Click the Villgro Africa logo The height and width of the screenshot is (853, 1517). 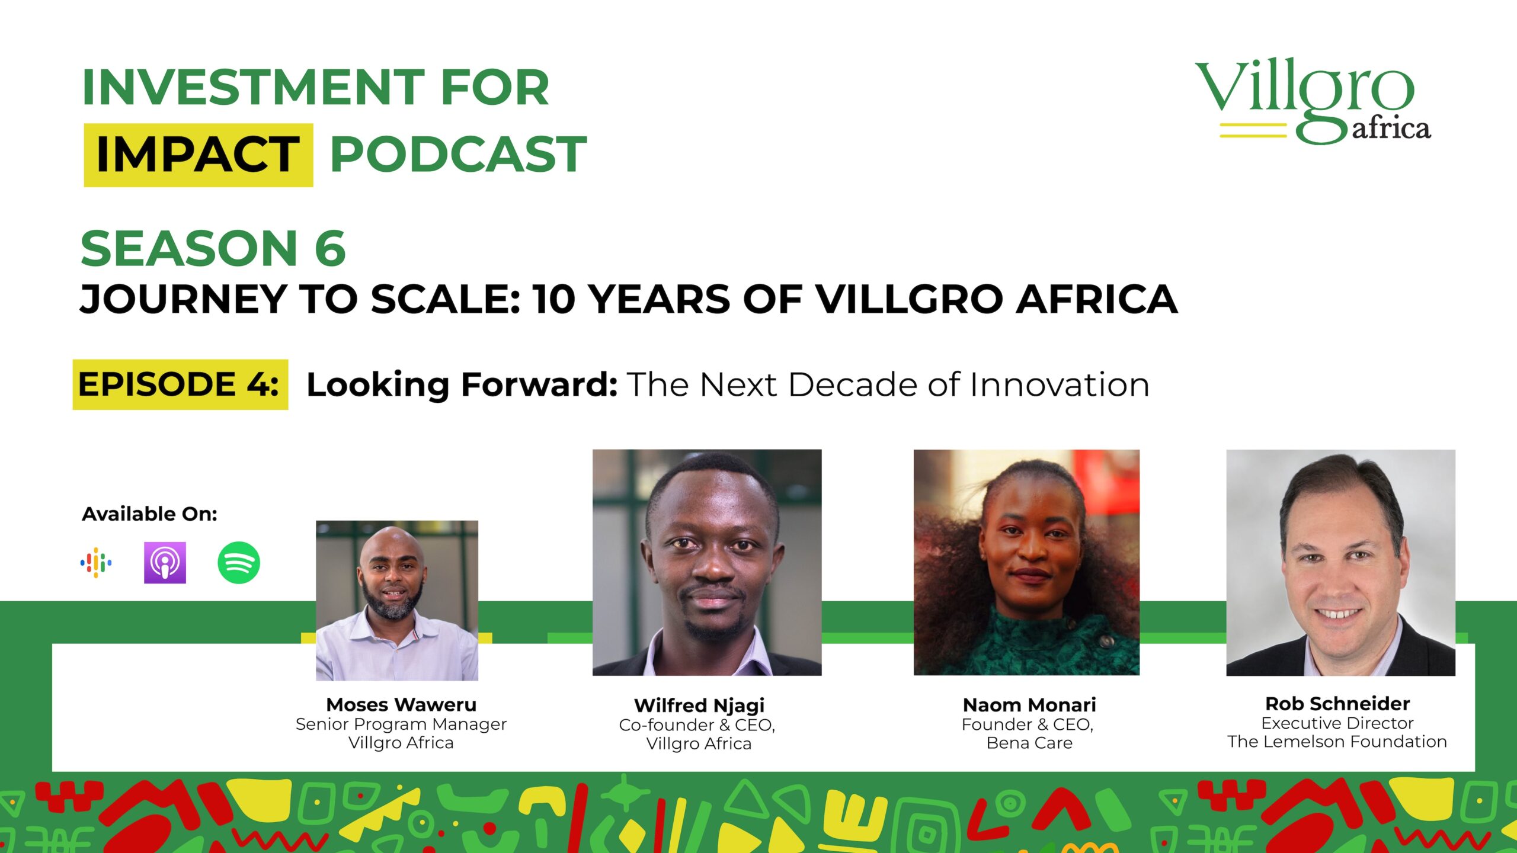[1313, 101]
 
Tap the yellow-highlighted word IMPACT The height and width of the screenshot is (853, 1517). [198, 155]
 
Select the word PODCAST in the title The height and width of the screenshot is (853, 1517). [458, 155]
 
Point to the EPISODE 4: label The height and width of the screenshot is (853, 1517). [178, 384]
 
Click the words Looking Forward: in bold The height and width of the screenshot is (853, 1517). [462, 385]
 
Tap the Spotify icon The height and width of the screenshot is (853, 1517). [239, 563]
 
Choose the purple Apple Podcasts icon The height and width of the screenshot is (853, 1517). [165, 563]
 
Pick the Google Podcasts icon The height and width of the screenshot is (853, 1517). [96, 563]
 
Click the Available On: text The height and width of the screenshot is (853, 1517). [149, 514]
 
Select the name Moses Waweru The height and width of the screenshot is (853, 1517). [401, 704]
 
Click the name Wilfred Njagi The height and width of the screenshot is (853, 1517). [699, 706]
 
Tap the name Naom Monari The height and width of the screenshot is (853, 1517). [1029, 705]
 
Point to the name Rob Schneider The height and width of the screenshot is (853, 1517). [1337, 704]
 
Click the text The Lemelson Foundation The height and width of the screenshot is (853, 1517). [1337, 742]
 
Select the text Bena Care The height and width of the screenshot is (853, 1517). [1029, 743]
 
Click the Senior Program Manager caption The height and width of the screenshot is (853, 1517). [401, 724]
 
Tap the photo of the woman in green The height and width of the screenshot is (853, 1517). [1026, 562]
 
